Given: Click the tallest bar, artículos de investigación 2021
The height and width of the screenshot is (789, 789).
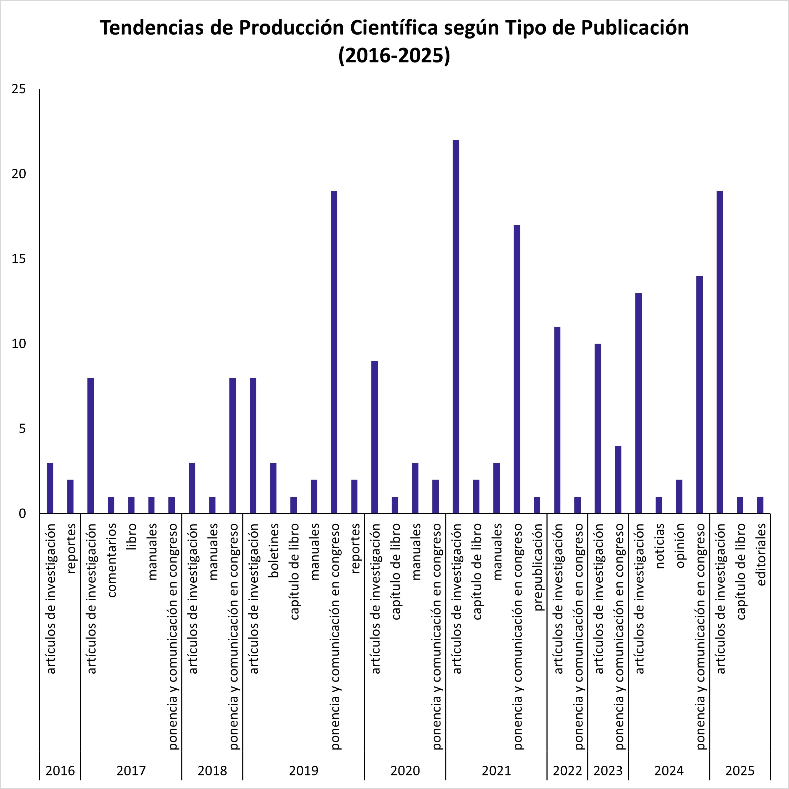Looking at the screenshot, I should click(x=456, y=327).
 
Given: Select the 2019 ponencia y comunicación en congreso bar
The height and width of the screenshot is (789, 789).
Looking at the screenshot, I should click(x=334, y=352).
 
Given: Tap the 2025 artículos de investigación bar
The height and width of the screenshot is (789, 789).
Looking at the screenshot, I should click(x=719, y=352).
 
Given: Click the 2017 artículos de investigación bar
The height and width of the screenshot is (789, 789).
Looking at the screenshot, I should click(x=91, y=445).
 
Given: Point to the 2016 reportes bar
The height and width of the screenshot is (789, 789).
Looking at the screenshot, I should click(x=70, y=496).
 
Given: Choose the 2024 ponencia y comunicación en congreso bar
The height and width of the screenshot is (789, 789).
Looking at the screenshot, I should click(x=699, y=394).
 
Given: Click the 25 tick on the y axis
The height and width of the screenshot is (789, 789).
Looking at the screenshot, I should click(x=19, y=89).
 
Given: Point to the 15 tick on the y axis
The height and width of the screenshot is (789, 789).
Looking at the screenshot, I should click(x=19, y=259).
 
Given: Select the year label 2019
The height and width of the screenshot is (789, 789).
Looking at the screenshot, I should click(x=304, y=770).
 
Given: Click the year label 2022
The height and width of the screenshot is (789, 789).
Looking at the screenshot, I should click(x=567, y=770).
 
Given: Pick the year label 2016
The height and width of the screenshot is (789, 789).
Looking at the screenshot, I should click(x=60, y=770).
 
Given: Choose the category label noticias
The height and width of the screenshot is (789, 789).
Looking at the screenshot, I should click(x=660, y=546).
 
